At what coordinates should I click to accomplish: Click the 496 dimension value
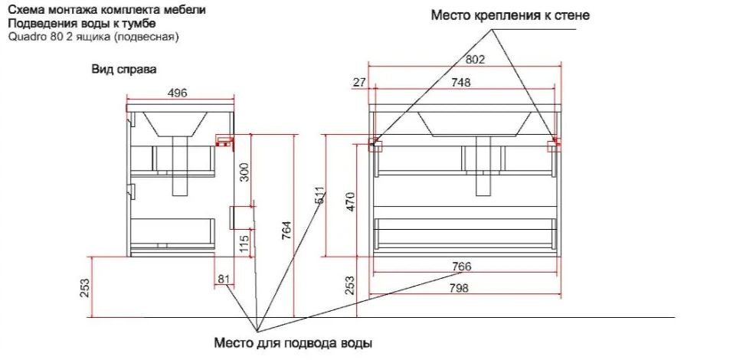178,93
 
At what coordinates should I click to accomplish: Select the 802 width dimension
476,60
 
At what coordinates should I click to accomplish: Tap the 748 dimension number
460,82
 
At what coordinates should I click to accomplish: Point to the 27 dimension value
359,82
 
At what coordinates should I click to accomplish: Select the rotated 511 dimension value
319,195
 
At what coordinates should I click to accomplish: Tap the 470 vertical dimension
351,201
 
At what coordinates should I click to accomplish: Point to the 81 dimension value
224,279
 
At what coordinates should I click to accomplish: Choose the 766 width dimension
461,267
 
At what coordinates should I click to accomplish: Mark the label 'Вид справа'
124,70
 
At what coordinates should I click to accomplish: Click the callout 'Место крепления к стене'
510,15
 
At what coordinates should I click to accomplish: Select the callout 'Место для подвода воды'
293,344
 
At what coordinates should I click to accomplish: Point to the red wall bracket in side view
224,142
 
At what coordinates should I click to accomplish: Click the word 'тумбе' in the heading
142,24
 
